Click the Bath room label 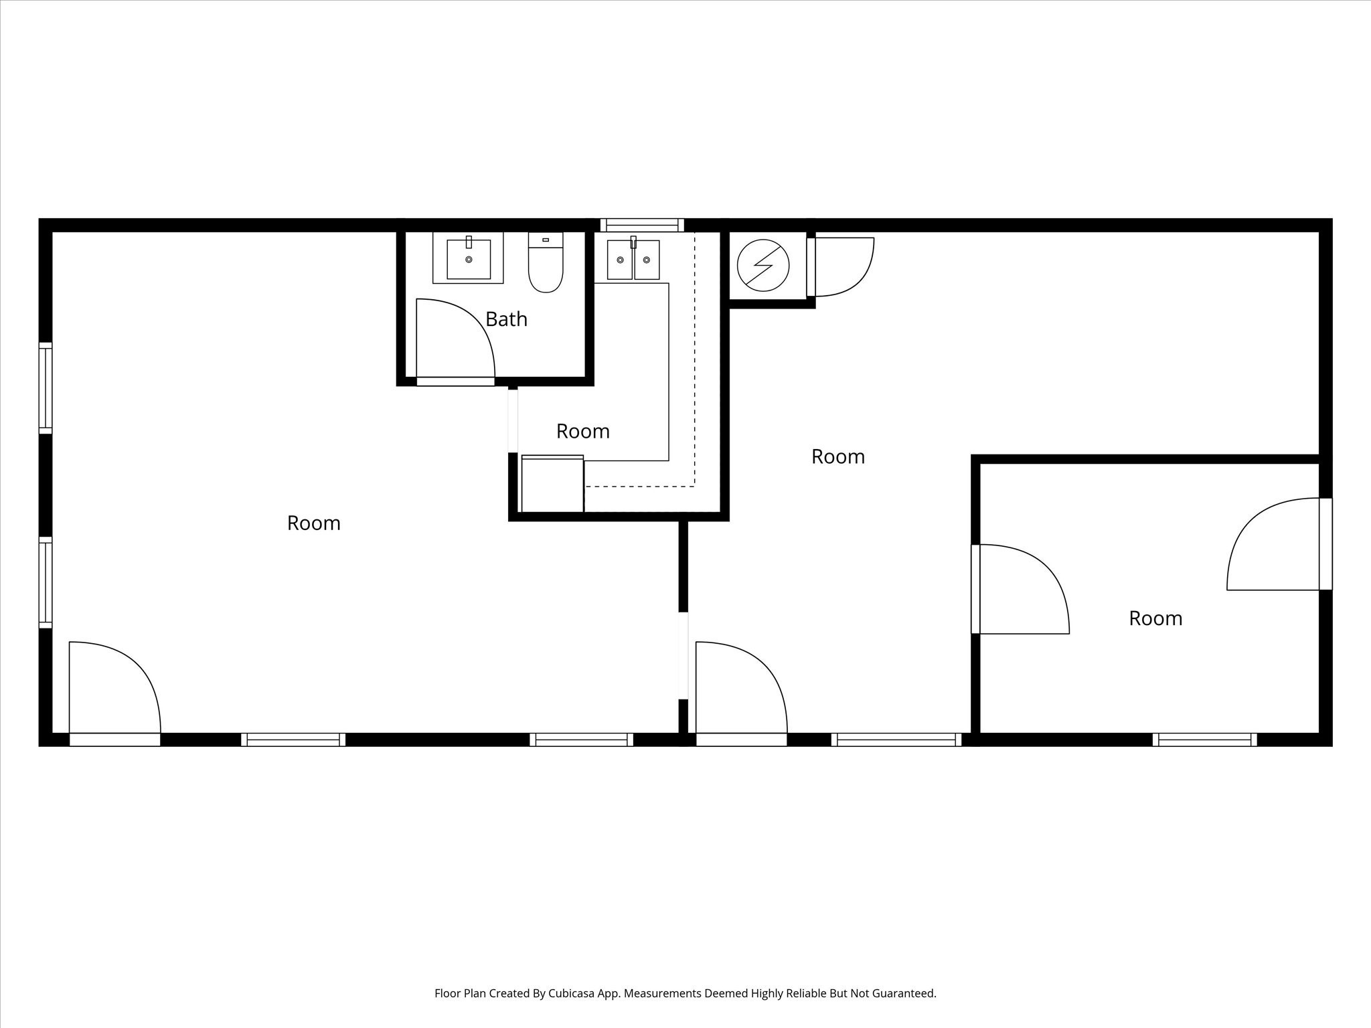pyautogui.click(x=506, y=319)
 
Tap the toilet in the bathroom pyautogui.click(x=546, y=264)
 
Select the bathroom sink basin pyautogui.click(x=469, y=259)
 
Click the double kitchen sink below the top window pyautogui.click(x=633, y=260)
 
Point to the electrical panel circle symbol pyautogui.click(x=763, y=266)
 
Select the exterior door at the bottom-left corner pyautogui.click(x=115, y=689)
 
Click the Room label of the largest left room pyautogui.click(x=313, y=523)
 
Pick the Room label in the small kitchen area pyautogui.click(x=582, y=432)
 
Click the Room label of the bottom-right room pyautogui.click(x=1155, y=618)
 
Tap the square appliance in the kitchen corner pyautogui.click(x=552, y=484)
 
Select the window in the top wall pyautogui.click(x=641, y=225)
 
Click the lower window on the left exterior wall pyautogui.click(x=46, y=582)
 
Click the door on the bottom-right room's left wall pyautogui.click(x=1021, y=589)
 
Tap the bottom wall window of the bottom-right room pyautogui.click(x=1204, y=740)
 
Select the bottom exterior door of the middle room pyautogui.click(x=742, y=689)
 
